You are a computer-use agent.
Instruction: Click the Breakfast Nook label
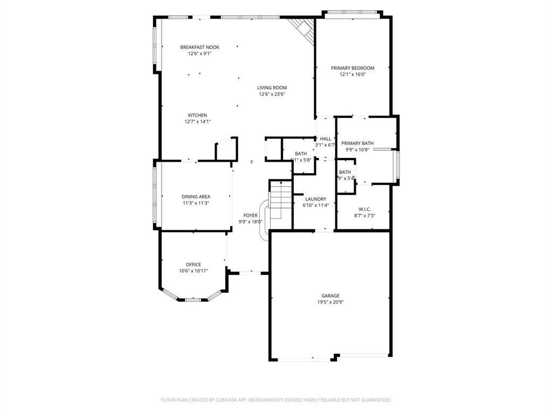[x=199, y=47]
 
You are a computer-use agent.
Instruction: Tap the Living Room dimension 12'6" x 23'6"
[x=272, y=94]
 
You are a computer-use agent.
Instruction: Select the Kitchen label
[x=197, y=115]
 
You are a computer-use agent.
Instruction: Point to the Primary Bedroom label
[x=353, y=68]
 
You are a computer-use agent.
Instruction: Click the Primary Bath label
[x=357, y=143]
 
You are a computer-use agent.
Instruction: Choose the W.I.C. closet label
[x=364, y=209]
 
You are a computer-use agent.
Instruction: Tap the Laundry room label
[x=315, y=199]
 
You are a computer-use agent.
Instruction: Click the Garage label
[x=330, y=295]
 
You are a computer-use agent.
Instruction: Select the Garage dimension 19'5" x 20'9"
[x=330, y=302]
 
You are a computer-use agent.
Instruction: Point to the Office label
[x=194, y=265]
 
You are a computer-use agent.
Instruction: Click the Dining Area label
[x=196, y=197]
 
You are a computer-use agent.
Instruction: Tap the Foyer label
[x=250, y=215]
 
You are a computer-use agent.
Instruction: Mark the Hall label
[x=326, y=139]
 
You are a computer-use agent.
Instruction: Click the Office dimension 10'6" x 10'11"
[x=194, y=271]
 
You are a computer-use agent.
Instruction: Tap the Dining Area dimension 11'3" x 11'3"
[x=196, y=203]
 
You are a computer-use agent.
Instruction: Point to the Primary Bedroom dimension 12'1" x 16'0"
[x=353, y=74]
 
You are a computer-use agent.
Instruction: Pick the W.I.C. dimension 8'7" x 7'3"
[x=364, y=216]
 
